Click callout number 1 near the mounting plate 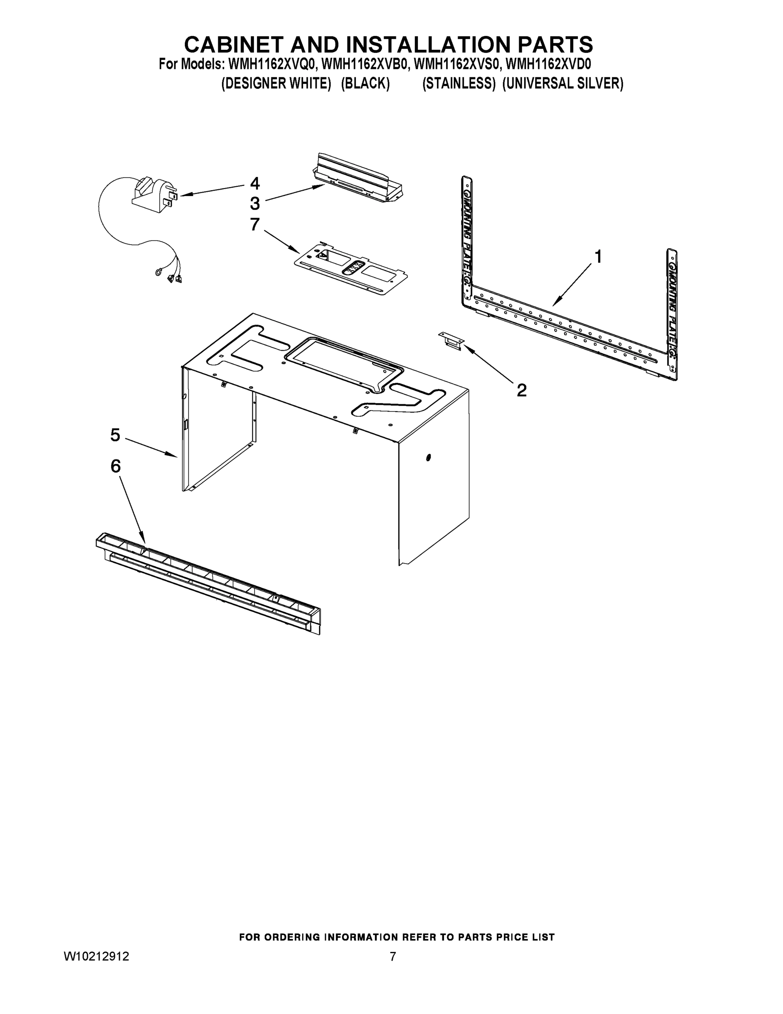pyautogui.click(x=598, y=256)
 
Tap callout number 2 pyautogui.click(x=521, y=390)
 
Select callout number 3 pyautogui.click(x=255, y=203)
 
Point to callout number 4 pyautogui.click(x=255, y=183)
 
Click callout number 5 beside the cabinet pyautogui.click(x=115, y=435)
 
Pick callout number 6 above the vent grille pyautogui.click(x=115, y=466)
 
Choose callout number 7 pyautogui.click(x=255, y=224)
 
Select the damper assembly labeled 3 pyautogui.click(x=357, y=179)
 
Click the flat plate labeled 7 pyautogui.click(x=351, y=270)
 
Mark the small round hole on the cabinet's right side pyautogui.click(x=428, y=458)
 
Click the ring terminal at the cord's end pyautogui.click(x=159, y=273)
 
